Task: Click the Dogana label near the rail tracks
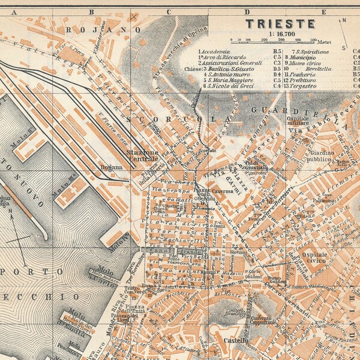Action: point(117,167)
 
